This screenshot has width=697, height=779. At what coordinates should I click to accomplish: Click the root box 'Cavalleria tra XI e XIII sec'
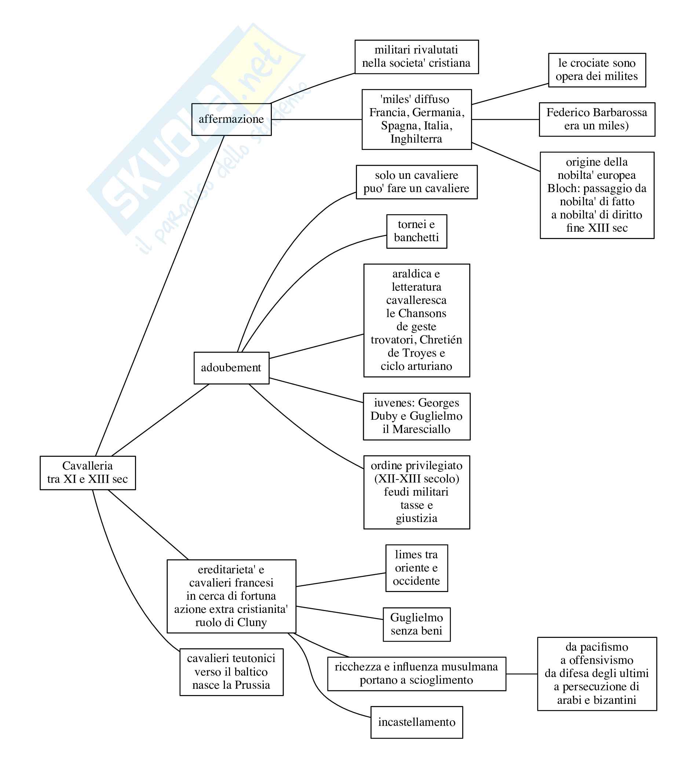[88, 473]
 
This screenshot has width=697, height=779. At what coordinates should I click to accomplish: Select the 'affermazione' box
[231, 120]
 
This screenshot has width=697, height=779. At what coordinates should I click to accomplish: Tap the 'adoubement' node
[231, 368]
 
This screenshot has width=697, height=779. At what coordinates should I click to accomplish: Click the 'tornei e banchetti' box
[417, 231]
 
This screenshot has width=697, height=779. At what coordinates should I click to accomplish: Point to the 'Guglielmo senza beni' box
[417, 624]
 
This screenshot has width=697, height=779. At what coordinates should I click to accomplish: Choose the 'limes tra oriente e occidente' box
[417, 568]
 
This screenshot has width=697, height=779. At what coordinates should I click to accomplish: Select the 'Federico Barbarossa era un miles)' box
[597, 120]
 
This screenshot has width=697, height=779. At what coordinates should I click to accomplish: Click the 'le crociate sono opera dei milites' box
[597, 70]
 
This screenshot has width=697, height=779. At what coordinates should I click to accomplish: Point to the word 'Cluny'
[252, 622]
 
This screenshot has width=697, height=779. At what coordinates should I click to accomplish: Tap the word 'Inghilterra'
[416, 139]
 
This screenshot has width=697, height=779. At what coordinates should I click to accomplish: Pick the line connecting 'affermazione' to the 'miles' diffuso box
[316, 120]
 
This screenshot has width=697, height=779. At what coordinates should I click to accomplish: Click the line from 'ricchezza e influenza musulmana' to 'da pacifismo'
[522, 674]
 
